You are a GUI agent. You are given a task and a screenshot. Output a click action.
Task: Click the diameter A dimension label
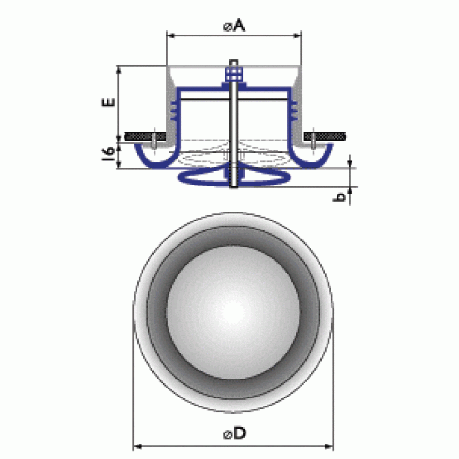pos(234,26)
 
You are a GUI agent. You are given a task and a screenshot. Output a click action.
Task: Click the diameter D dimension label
pos(235,433)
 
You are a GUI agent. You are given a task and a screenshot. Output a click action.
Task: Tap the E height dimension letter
pos(108,103)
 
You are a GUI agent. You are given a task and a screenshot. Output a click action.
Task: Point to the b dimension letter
pos(340,197)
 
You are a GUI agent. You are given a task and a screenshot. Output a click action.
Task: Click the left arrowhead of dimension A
pos(170,35)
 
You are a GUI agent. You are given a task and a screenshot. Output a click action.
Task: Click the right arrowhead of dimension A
pos(298,35)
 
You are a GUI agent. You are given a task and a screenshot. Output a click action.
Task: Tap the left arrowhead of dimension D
pos(138,446)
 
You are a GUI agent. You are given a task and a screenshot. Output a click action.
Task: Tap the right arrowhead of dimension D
pos(329,446)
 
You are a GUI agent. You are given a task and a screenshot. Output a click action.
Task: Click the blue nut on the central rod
pos(234,74)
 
